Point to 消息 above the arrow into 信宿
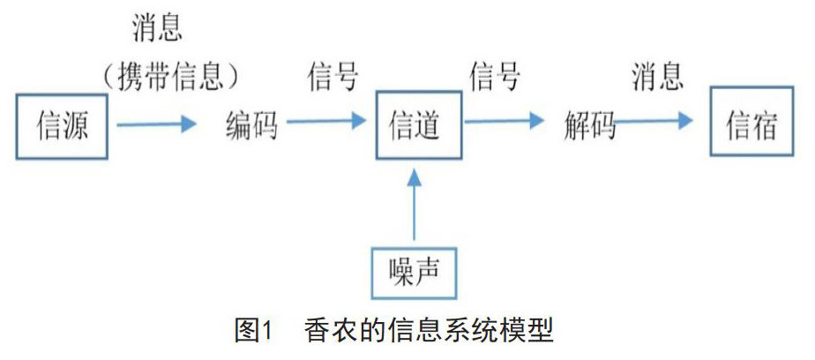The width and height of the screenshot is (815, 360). (x=657, y=78)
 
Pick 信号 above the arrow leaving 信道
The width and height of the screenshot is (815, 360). (x=494, y=78)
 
